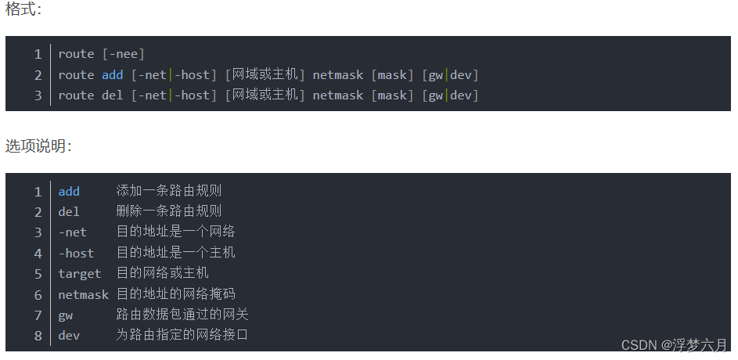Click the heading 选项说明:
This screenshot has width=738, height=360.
tap(38, 146)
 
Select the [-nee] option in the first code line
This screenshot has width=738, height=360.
tap(124, 54)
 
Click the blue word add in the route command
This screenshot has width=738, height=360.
tap(112, 75)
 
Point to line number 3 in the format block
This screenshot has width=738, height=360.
tap(38, 95)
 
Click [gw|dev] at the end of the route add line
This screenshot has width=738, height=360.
tap(450, 75)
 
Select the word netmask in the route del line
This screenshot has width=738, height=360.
tap(338, 95)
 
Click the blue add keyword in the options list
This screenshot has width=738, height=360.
tap(69, 192)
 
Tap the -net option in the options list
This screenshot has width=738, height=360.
tap(72, 232)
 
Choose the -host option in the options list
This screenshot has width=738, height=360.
tap(76, 254)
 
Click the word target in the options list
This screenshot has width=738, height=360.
tap(79, 274)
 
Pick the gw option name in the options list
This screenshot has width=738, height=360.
tap(65, 315)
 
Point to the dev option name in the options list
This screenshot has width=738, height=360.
tap(69, 335)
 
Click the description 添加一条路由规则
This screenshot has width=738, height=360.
tap(169, 191)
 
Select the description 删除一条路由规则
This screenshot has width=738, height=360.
tap(169, 211)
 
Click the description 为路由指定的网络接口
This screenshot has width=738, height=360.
tap(182, 335)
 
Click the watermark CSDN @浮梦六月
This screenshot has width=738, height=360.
tap(674, 345)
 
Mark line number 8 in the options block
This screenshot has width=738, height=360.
tap(38, 335)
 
